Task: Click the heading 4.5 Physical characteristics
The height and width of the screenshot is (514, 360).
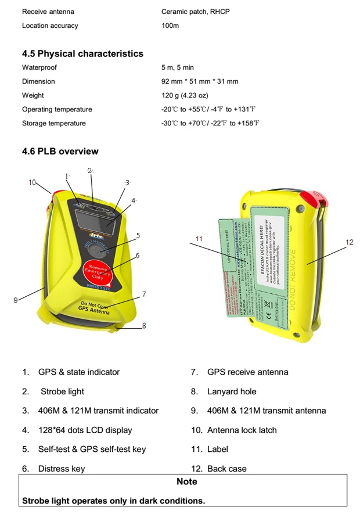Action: tap(82, 53)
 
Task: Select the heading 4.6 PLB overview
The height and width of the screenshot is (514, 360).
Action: tap(60, 151)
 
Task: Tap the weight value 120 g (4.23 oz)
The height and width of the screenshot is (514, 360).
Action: tap(184, 95)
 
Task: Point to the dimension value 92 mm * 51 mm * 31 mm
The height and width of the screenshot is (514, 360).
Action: tap(199, 81)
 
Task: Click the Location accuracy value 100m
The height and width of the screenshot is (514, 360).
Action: tap(170, 26)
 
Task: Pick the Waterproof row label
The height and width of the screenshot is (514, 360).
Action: tap(39, 67)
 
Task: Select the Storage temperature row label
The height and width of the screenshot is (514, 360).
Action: tap(53, 123)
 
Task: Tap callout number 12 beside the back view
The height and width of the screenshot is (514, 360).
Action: tap(349, 242)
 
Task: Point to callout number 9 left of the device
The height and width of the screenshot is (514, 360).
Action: tap(16, 300)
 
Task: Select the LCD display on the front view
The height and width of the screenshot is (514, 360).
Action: tap(95, 220)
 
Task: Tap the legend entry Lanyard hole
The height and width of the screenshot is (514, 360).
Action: tap(231, 391)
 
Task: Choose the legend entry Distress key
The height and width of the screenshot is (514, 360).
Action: tap(61, 469)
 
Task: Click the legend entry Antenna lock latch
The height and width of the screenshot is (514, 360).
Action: tap(242, 430)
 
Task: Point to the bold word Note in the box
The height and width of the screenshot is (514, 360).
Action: tap(186, 481)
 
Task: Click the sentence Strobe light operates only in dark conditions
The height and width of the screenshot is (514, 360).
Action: tap(113, 500)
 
